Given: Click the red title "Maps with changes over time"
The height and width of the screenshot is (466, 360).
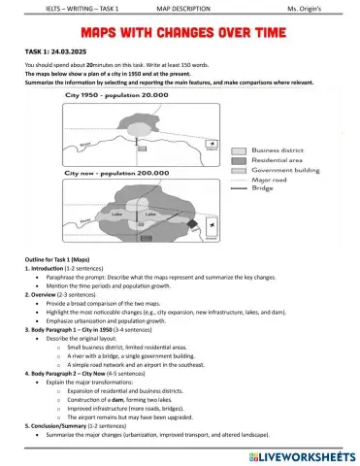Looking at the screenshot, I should [x=180, y=35].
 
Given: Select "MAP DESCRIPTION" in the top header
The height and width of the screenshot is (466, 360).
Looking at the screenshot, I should [x=183, y=9].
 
